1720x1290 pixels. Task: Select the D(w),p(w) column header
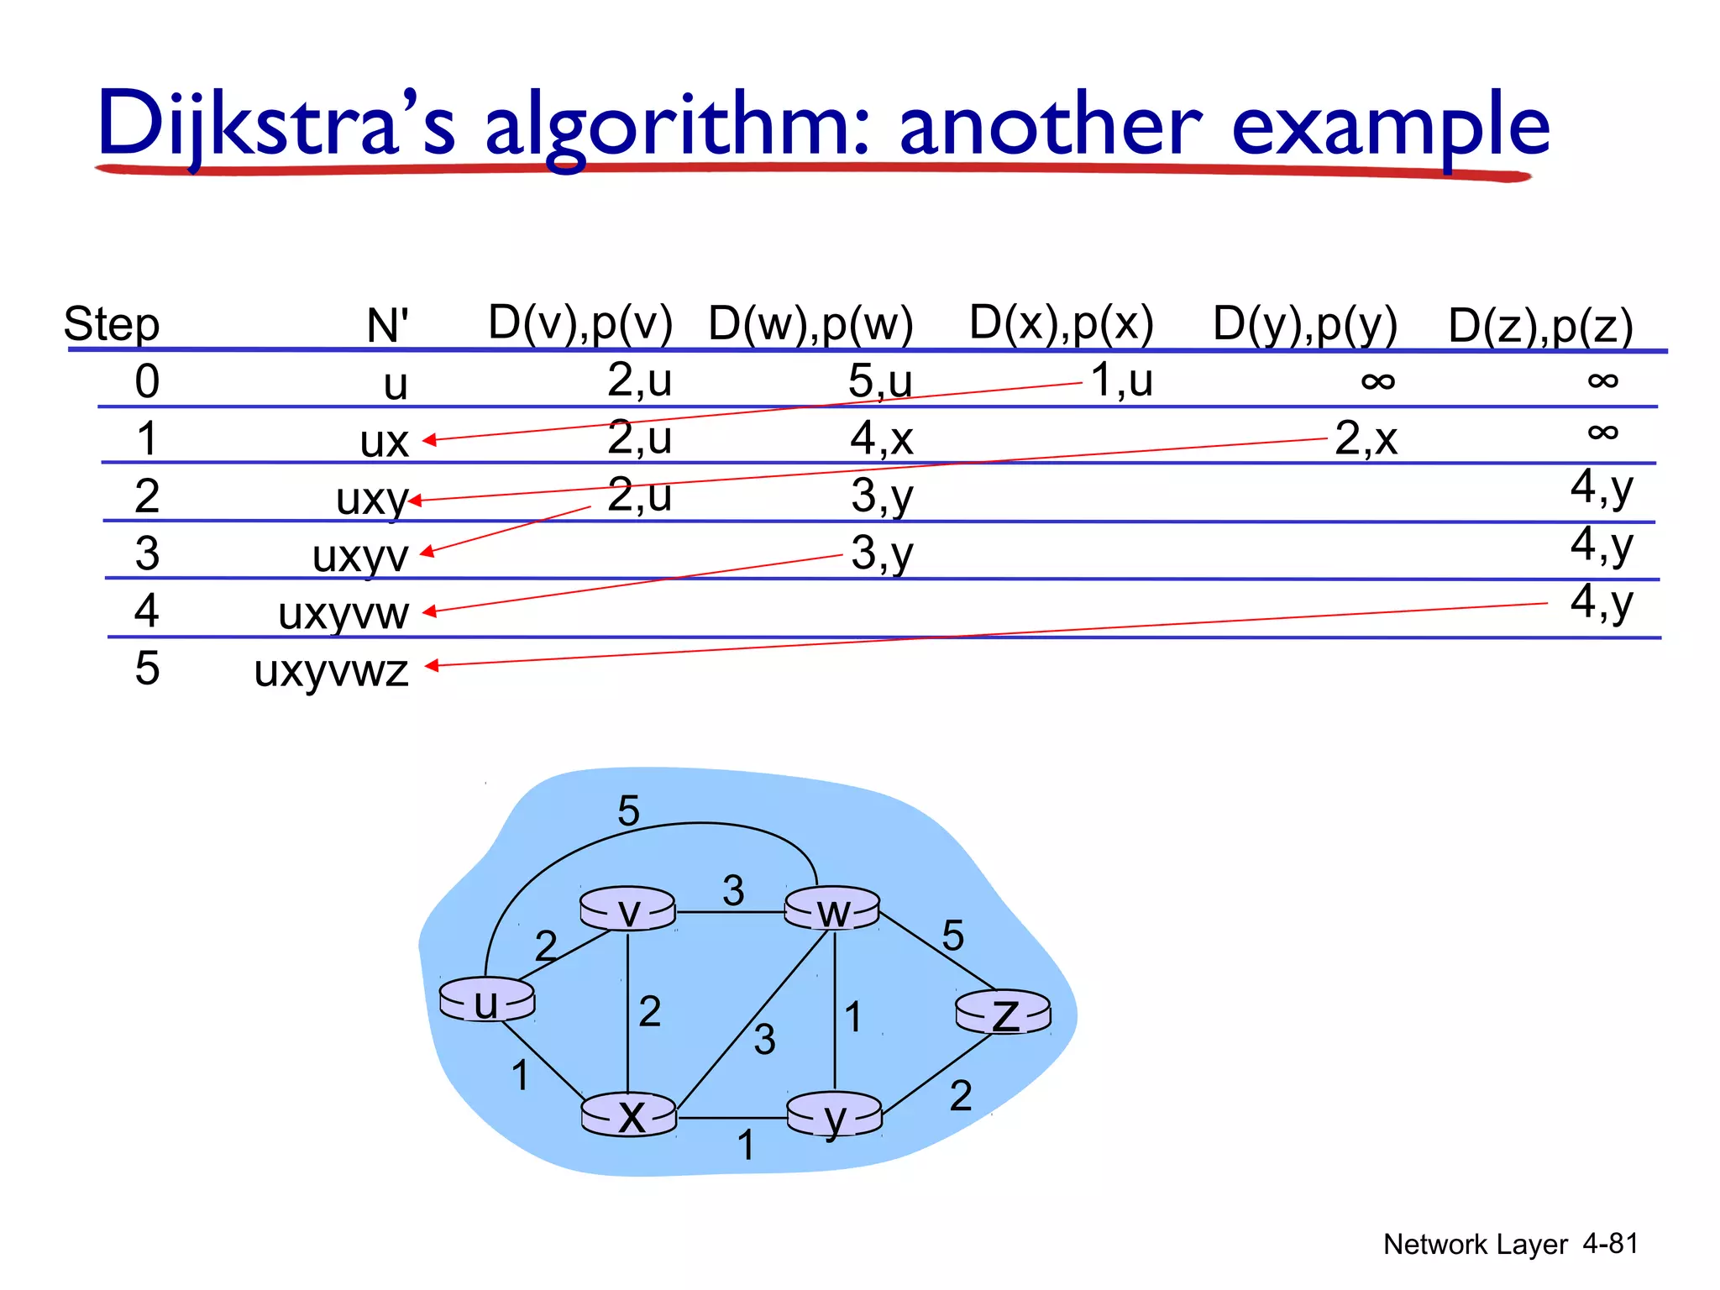(810, 324)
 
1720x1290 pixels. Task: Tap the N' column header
(387, 326)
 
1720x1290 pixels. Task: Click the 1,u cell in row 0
(1122, 380)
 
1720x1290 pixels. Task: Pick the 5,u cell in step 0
(879, 381)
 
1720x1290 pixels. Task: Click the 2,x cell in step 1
(1366, 438)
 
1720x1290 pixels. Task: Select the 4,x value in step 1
(881, 438)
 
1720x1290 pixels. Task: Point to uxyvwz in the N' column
(331, 670)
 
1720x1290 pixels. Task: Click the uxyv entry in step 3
(359, 556)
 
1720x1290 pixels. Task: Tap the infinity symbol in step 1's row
(1602, 433)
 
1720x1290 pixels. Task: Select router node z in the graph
(1004, 1013)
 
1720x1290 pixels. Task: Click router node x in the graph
(630, 1115)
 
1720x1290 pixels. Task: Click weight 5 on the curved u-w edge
(628, 811)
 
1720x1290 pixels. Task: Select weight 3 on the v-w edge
(733, 890)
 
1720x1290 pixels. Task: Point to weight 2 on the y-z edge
(961, 1096)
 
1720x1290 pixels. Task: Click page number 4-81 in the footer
(1610, 1243)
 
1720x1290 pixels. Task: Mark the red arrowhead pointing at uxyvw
(428, 612)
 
